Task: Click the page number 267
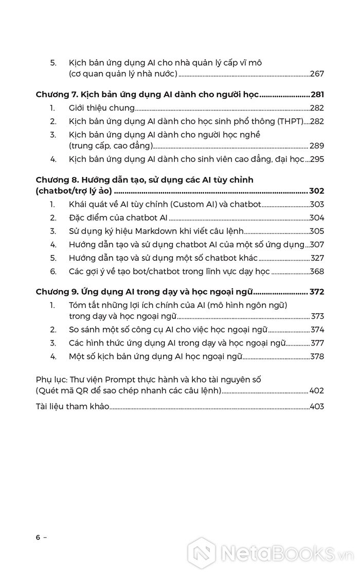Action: coord(317,75)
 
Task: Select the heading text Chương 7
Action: coord(56,95)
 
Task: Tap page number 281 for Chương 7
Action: coord(317,95)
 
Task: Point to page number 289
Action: coord(317,146)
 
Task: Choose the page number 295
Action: coord(317,159)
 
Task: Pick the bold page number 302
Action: coord(317,191)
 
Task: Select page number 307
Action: coord(317,245)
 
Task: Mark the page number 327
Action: coord(317,258)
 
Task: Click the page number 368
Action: coord(317,272)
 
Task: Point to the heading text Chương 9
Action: coord(56,292)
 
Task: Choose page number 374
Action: coord(317,330)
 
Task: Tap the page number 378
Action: coord(317,356)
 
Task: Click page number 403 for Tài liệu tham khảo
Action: coord(317,407)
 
